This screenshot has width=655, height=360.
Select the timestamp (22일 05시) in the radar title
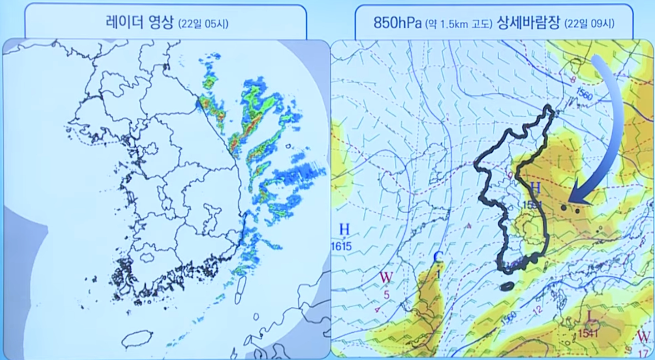[203, 23]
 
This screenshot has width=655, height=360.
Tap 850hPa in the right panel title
[398, 23]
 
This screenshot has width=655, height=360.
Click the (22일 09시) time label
[592, 23]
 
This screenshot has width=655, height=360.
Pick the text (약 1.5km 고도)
[459, 23]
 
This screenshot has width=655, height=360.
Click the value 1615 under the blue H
[342, 246]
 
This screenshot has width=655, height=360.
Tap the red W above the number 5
[386, 276]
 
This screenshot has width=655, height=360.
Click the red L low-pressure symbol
[590, 316]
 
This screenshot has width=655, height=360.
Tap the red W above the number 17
[644, 337]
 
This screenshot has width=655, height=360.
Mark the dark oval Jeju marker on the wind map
[506, 286]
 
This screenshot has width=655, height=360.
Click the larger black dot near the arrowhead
[564, 207]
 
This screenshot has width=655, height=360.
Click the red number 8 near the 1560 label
[573, 80]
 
